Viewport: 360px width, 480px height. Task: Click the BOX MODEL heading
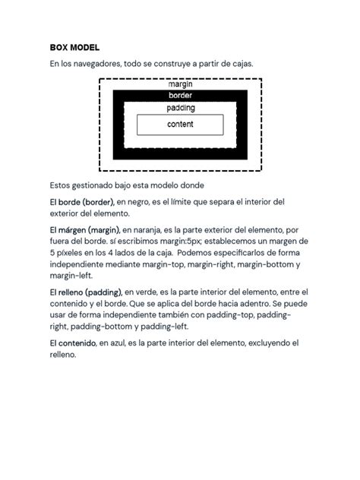[74, 47]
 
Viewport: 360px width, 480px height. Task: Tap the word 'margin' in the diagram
[180, 84]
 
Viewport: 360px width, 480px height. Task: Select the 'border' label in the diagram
[180, 96]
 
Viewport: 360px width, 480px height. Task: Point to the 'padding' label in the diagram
[180, 108]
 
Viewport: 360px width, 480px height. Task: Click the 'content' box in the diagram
[180, 124]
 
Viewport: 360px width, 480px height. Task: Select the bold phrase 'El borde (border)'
[81, 202]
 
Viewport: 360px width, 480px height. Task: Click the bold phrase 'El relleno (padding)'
[85, 292]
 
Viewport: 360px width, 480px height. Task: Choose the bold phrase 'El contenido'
[73, 343]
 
